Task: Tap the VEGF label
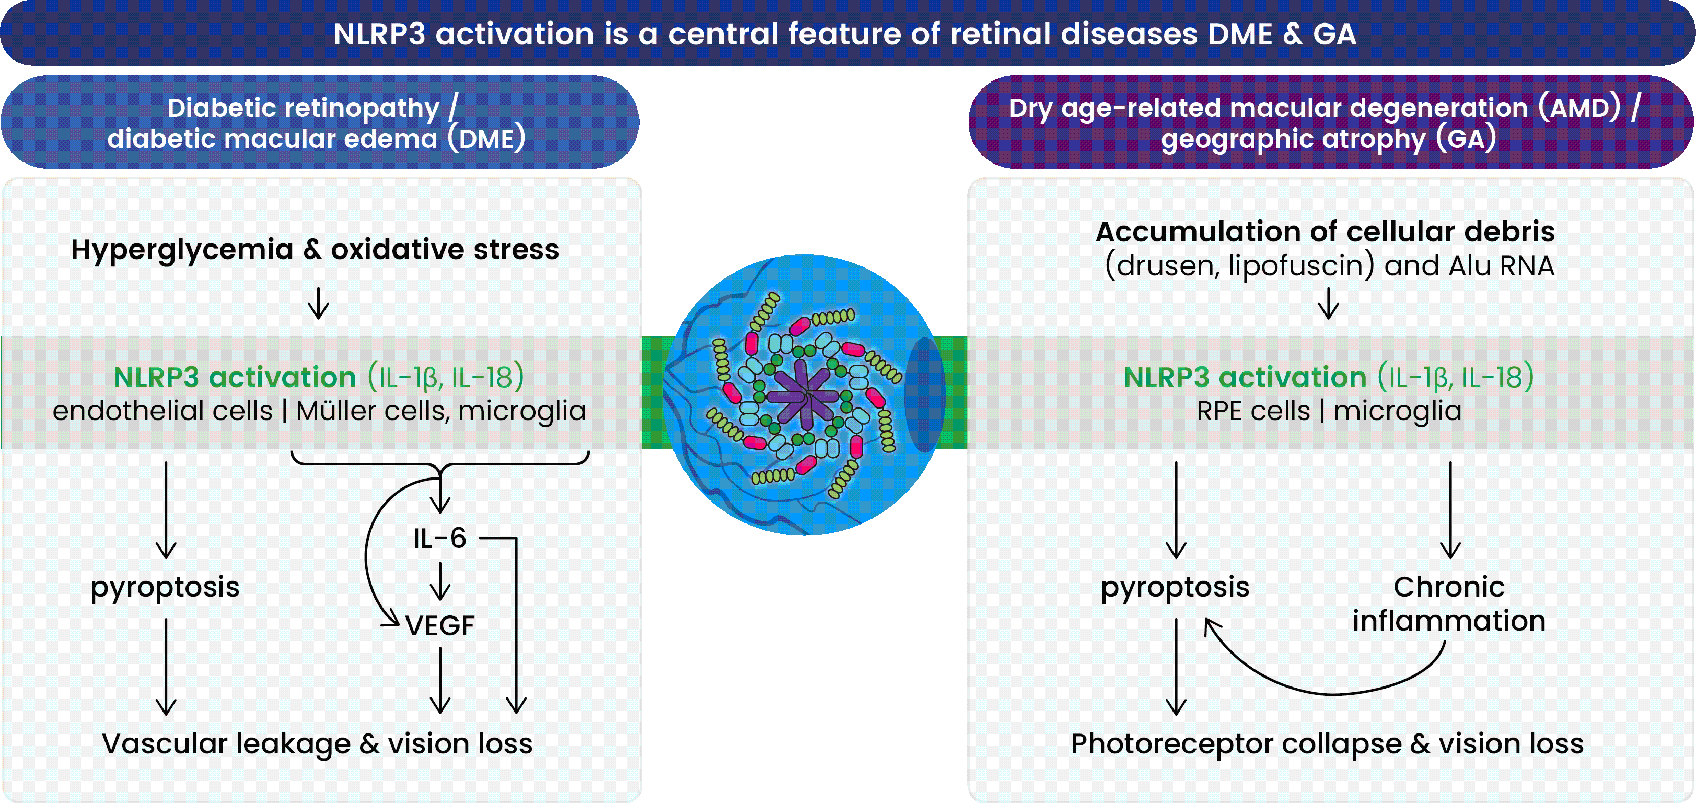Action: click(440, 625)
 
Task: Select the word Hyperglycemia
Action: click(182, 250)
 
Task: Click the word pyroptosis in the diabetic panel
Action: click(165, 587)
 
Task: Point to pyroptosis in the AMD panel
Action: click(1175, 587)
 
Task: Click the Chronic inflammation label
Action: click(1448, 603)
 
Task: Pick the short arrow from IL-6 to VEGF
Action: click(440, 582)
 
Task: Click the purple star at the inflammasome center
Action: click(802, 394)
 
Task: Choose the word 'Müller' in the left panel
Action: click(336, 412)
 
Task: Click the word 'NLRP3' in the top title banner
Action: click(379, 34)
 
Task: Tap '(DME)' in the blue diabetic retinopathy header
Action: click(486, 139)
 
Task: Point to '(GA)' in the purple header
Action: click(1466, 139)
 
